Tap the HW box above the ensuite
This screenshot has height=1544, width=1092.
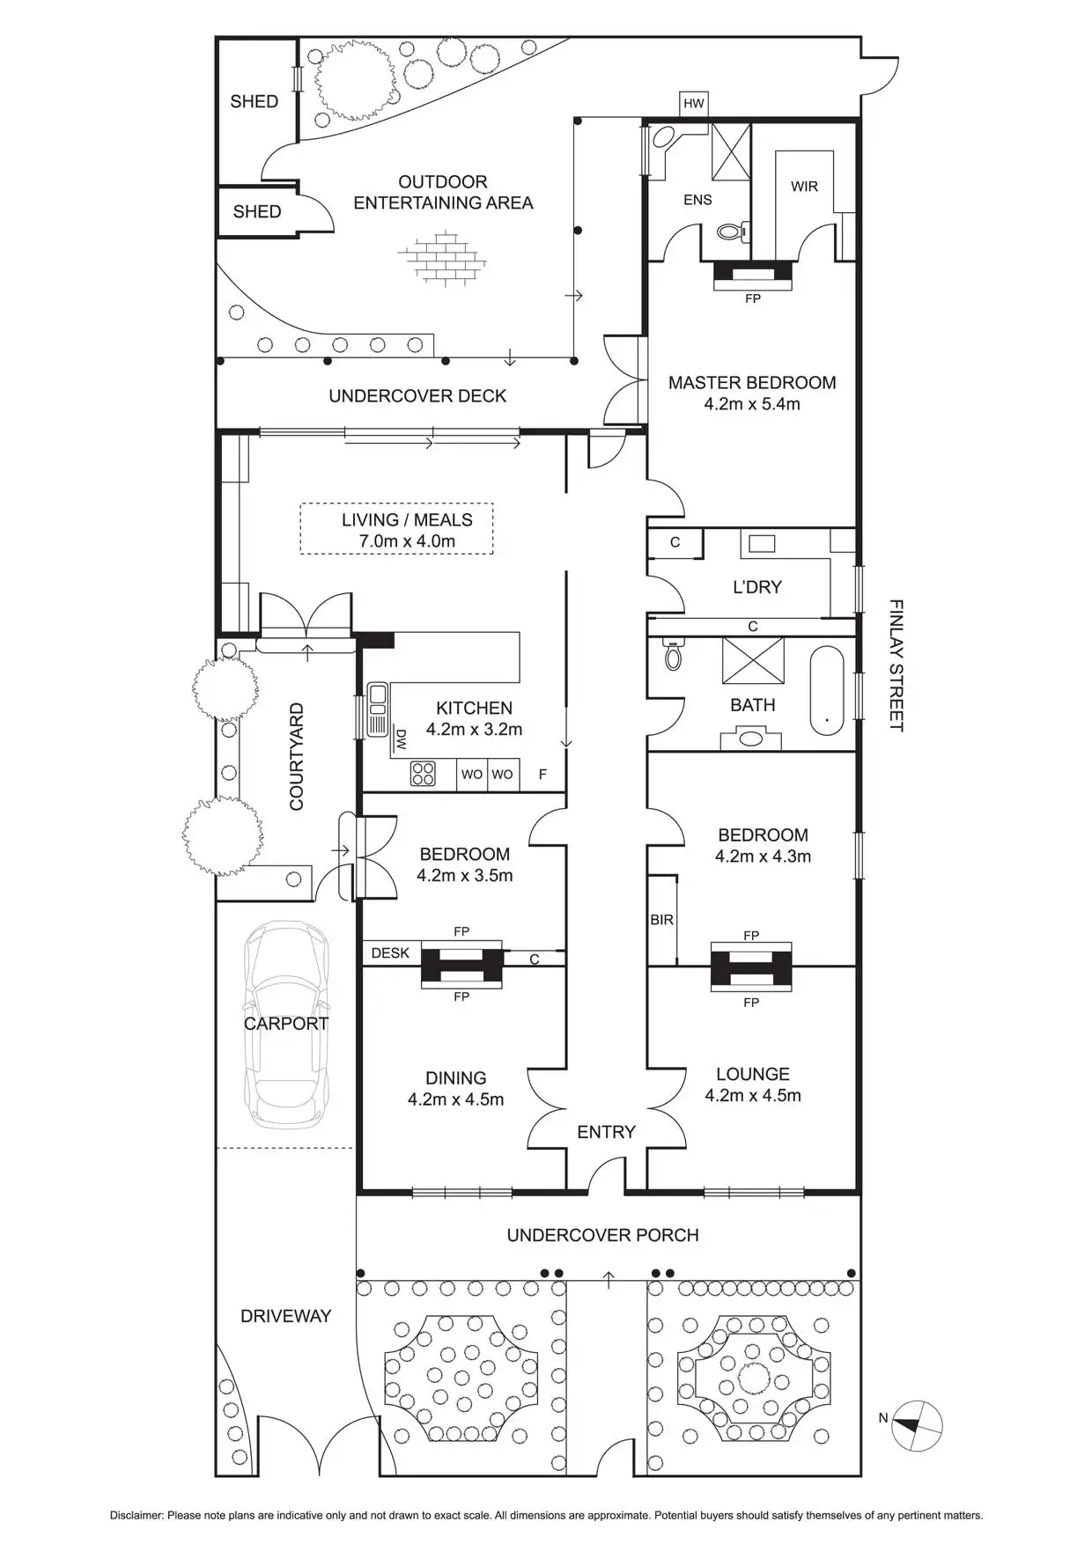(x=694, y=103)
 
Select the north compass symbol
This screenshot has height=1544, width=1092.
(x=917, y=1424)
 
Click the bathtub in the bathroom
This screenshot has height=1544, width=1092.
(x=827, y=691)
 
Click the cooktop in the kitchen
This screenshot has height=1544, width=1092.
(x=423, y=774)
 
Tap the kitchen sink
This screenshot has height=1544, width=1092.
(x=378, y=709)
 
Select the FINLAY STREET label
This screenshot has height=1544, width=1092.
(x=896, y=665)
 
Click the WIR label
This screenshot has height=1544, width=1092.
(x=804, y=187)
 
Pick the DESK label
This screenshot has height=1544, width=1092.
(x=390, y=952)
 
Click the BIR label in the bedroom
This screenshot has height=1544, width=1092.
(x=661, y=920)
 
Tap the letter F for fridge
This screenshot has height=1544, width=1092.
(x=542, y=775)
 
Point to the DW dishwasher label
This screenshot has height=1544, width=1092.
(x=402, y=739)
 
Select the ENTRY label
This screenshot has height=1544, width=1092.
(x=606, y=1132)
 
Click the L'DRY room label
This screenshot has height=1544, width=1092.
(x=757, y=587)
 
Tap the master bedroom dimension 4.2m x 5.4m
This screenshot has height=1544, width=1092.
(x=752, y=404)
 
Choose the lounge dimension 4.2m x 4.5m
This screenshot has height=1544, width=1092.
(x=753, y=1096)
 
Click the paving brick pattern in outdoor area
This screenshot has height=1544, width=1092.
(x=442, y=258)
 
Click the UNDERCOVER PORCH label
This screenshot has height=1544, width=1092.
(x=602, y=1235)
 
